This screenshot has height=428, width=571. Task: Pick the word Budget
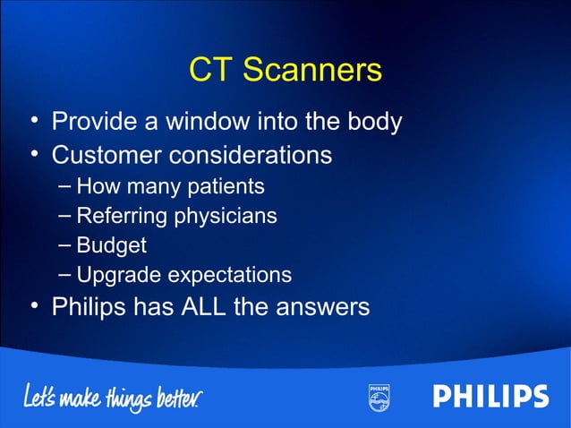[111, 245]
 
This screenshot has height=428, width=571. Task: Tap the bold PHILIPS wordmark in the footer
[491, 397]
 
